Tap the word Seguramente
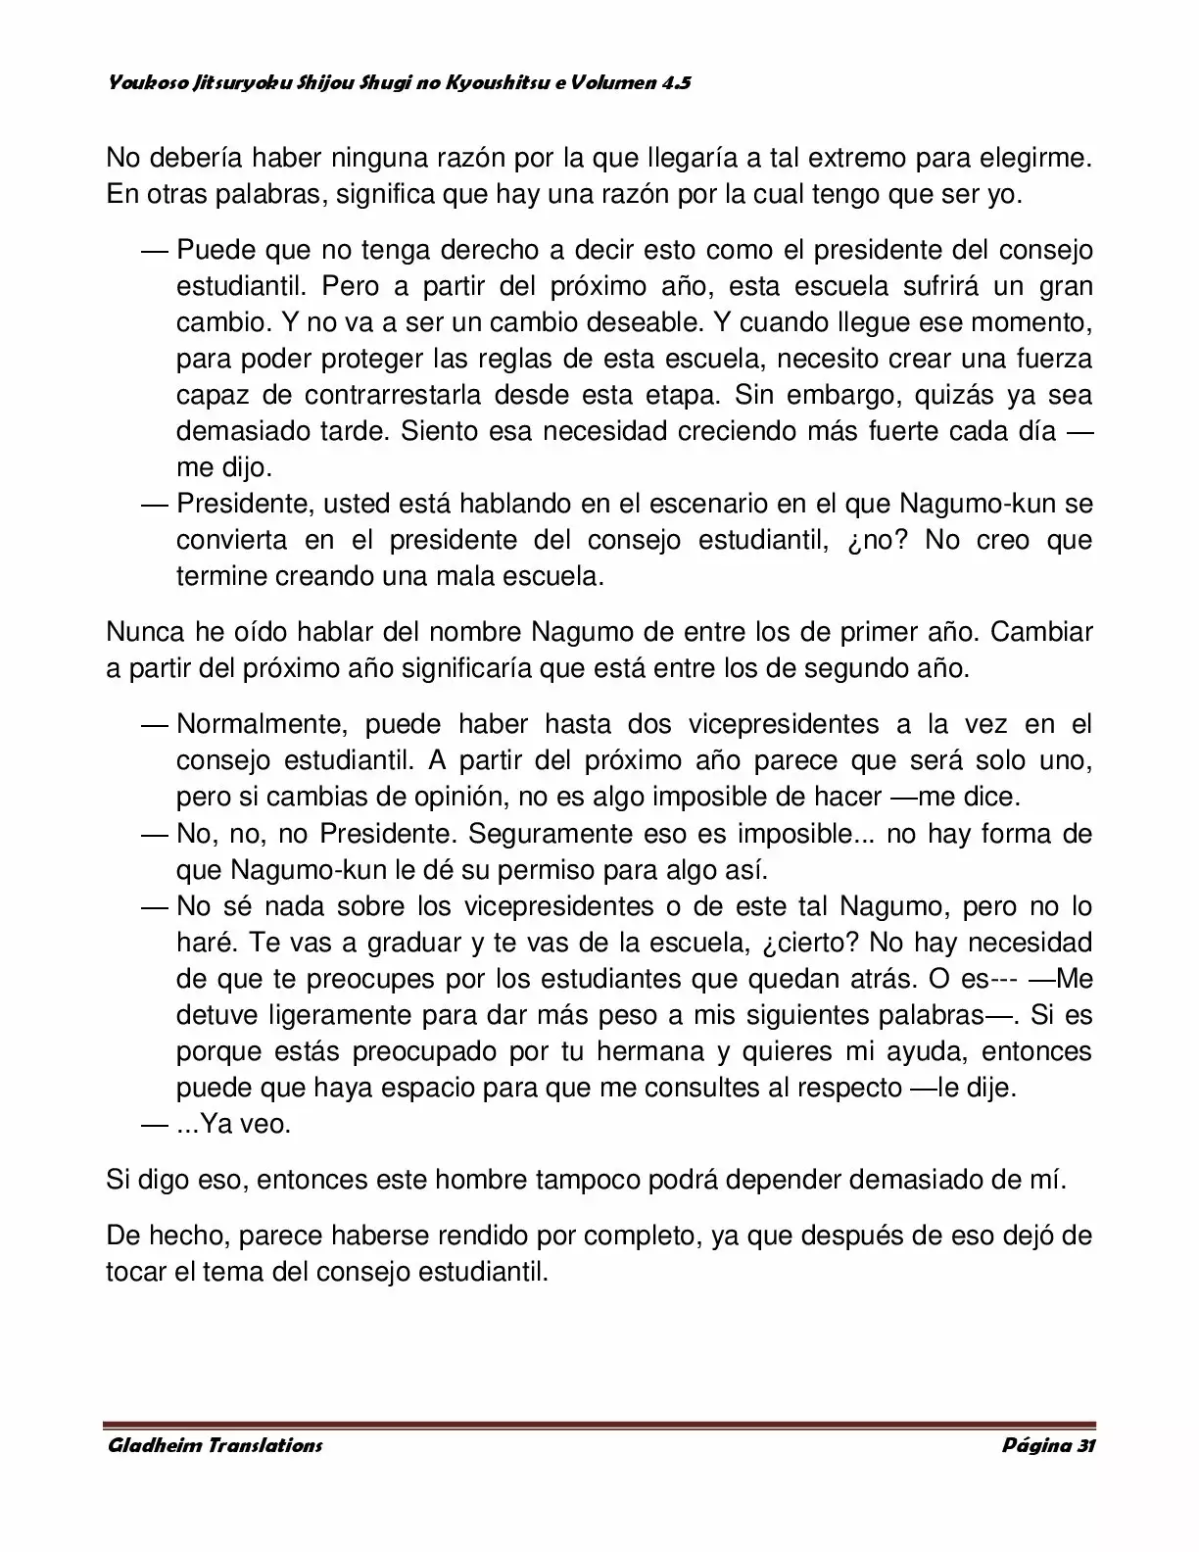552,834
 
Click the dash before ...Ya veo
155,1124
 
